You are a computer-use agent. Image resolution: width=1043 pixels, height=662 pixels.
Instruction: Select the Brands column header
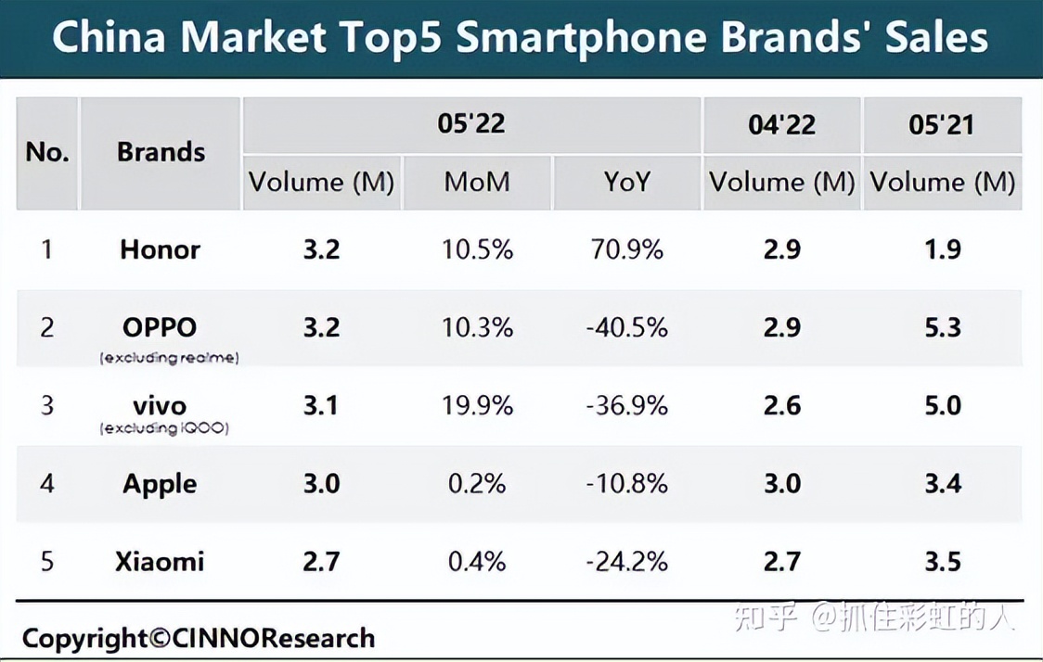pos(161,152)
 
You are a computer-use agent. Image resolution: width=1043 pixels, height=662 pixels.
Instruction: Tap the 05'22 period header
pos(470,123)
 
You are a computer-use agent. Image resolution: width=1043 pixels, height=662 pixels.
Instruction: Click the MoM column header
pos(477,182)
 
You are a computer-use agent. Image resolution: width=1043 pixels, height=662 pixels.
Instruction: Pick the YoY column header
pos(626,182)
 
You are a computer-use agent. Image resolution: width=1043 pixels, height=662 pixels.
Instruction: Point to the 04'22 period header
pos(781,124)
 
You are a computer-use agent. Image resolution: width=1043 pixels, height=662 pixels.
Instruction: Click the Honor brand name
pos(160,249)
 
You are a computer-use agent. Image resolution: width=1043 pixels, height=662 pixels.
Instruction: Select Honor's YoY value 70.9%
pos(626,249)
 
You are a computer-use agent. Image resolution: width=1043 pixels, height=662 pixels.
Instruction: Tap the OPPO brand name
pos(160,326)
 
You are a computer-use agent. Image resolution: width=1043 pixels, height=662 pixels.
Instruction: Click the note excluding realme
pos(169,358)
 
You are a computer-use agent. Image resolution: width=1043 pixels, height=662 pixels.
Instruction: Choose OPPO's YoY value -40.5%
pos(626,327)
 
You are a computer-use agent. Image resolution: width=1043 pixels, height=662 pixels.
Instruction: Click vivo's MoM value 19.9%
pos(477,405)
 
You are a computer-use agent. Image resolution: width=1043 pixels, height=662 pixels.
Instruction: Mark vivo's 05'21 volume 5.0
pos(942,405)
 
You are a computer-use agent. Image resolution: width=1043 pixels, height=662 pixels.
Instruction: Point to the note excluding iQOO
pos(164,428)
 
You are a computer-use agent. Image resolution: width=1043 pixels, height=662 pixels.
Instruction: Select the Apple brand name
pos(160,484)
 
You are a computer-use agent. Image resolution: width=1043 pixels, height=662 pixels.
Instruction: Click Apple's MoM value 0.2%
pos(477,484)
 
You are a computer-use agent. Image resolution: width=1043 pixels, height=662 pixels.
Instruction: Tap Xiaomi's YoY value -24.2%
pos(626,562)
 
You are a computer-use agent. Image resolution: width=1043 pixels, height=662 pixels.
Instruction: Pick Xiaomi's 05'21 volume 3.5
pos(942,562)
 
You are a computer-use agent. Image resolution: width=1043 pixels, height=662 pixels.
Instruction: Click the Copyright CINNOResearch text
pos(199,638)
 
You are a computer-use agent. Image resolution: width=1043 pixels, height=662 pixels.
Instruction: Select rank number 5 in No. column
pos(46,562)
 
